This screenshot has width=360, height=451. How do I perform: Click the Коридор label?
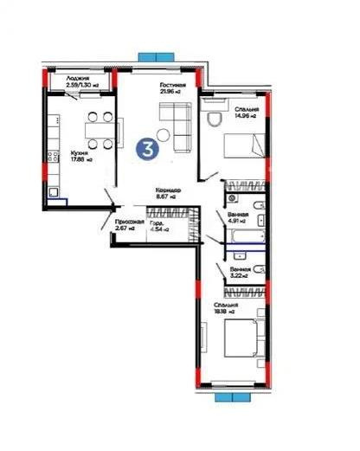167,193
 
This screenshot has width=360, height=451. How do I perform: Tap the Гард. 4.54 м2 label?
159,226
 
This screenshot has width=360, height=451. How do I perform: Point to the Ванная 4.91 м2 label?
240,217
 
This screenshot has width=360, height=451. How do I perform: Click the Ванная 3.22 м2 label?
240,273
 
